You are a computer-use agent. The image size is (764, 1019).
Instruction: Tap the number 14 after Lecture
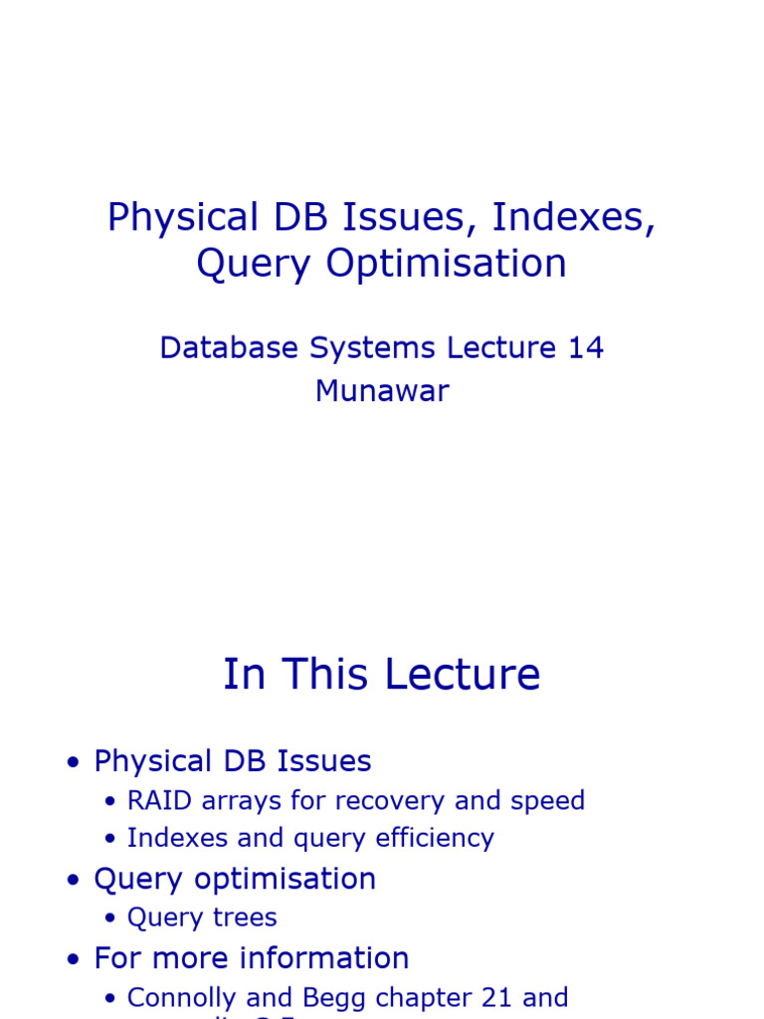586,348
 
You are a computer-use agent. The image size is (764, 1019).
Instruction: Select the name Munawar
382,391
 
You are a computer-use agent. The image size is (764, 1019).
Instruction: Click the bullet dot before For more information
73,960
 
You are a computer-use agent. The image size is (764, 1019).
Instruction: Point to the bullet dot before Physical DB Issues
73,763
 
